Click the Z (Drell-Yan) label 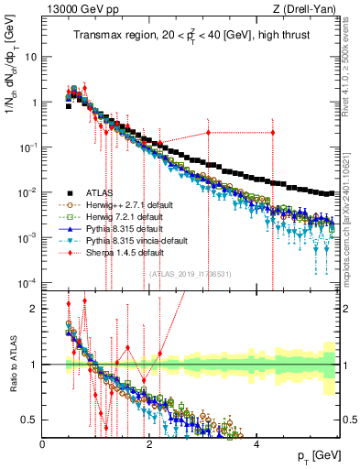point(308,10)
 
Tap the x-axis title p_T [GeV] point(314,456)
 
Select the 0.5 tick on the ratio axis point(31,420)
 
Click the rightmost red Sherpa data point point(272,133)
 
